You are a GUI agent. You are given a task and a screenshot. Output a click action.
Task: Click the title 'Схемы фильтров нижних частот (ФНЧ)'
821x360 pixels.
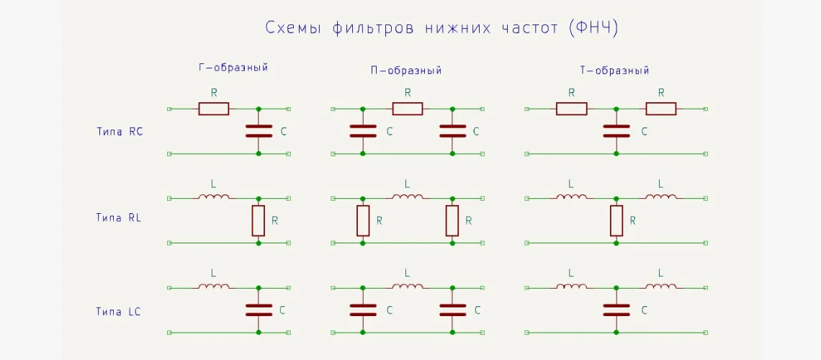point(442,28)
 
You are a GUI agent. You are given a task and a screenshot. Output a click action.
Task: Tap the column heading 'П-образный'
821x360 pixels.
point(405,71)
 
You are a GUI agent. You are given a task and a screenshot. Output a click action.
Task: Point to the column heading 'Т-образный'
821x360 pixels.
point(614,71)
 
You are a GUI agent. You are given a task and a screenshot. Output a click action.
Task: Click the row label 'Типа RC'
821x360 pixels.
point(120,131)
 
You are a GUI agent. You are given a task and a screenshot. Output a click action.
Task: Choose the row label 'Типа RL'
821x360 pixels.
point(119,217)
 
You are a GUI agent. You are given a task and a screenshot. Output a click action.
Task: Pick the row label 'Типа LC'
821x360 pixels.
point(119,311)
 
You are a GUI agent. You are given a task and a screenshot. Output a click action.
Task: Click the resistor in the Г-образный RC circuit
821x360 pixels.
point(213,109)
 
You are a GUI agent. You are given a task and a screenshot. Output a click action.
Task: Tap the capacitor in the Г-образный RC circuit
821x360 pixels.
point(259,131)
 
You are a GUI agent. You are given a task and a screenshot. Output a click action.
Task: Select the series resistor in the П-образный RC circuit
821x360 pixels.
point(407,109)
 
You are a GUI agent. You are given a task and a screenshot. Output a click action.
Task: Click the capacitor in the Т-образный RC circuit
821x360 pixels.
point(616,131)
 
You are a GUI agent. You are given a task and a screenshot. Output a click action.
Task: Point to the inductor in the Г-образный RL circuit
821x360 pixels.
point(214,197)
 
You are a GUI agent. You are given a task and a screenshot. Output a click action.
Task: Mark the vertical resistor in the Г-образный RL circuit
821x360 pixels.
point(259,220)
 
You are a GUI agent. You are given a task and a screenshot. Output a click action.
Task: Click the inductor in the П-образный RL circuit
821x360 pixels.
point(408,197)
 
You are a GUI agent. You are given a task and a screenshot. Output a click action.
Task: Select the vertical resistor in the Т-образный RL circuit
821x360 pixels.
point(616,220)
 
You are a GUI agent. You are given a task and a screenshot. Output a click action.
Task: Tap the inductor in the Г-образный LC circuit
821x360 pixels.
point(214,287)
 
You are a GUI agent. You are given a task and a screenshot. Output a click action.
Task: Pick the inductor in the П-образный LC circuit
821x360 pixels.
point(408,287)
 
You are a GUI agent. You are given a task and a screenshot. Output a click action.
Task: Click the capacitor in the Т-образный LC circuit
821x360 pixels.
point(616,310)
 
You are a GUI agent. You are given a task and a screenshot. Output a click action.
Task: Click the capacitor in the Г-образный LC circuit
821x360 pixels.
point(259,310)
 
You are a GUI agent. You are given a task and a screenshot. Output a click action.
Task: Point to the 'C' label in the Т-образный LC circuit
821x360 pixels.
point(644,310)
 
